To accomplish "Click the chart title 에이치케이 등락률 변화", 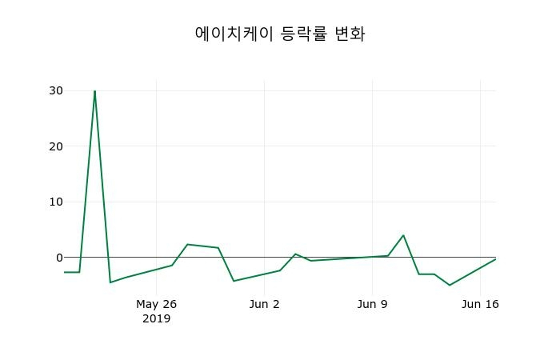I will coord(280,34).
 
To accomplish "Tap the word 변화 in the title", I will coord(350,34).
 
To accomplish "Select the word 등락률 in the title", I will coord(304,34).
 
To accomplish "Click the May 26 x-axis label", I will coord(156,304).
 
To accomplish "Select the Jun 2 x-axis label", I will coord(265,304).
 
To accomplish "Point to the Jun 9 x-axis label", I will coord(372,304).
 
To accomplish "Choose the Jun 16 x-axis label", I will coord(480,304).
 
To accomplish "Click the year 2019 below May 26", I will coord(156,318).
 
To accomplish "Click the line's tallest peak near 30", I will coord(94,91).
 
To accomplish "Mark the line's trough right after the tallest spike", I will coord(110,282).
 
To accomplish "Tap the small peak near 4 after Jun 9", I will coord(403,235).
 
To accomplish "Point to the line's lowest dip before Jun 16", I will coord(450,285).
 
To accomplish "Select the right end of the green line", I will coord(495,259).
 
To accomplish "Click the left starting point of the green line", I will coord(65,272).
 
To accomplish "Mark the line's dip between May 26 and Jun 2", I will coord(234,281).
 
